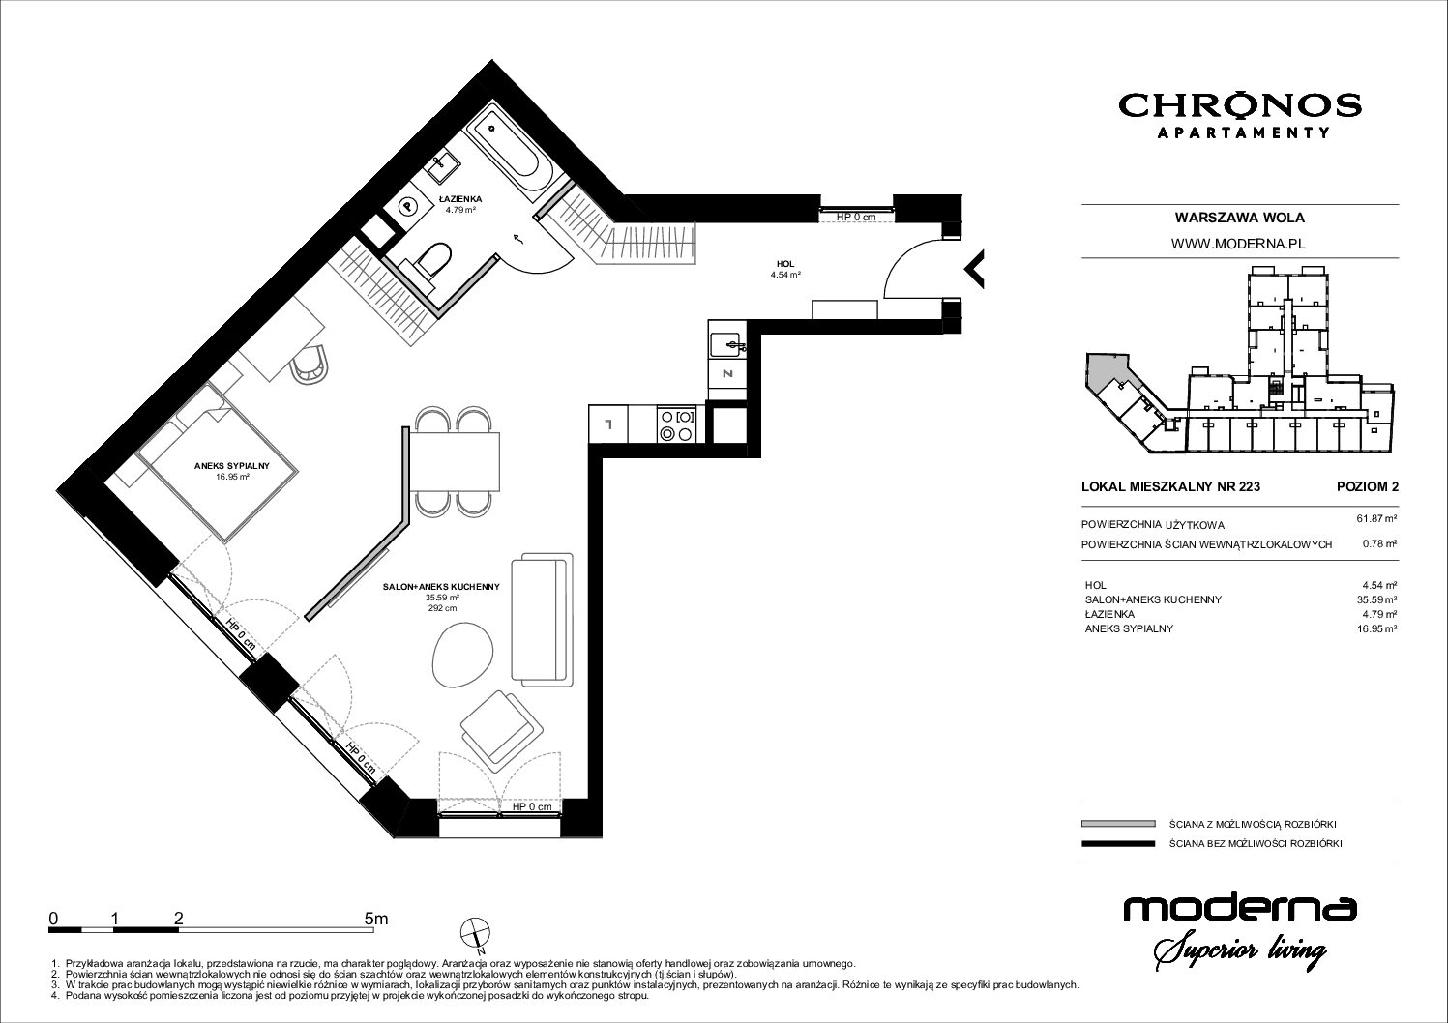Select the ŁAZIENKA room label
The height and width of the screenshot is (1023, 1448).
460,199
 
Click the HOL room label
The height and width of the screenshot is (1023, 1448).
785,264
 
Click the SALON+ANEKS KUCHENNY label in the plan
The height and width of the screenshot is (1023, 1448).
441,587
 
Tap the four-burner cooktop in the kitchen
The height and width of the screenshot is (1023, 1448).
677,424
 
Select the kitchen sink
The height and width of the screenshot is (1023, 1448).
727,343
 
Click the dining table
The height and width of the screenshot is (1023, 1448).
455,461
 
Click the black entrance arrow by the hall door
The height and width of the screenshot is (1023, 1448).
974,268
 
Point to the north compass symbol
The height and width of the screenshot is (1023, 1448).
475,933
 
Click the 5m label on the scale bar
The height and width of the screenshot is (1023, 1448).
376,919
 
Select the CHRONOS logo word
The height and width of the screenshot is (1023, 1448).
1240,105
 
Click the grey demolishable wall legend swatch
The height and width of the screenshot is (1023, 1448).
1118,824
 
